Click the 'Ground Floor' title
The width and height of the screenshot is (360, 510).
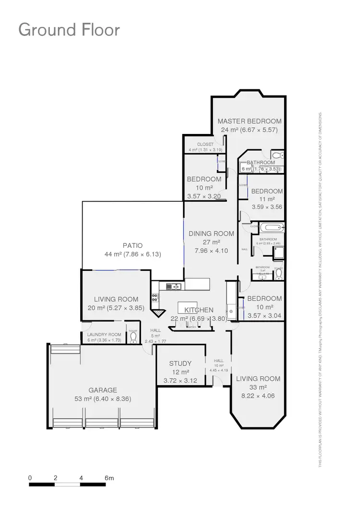tap(69, 30)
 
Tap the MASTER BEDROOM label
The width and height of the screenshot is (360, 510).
tap(249, 121)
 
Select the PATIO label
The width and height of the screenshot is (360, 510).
tap(132, 245)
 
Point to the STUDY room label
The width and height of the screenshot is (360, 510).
tap(180, 364)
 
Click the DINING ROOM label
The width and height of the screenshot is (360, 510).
tap(211, 233)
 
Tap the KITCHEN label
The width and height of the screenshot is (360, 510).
tap(199, 310)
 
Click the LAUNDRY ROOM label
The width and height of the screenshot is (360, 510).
tap(104, 335)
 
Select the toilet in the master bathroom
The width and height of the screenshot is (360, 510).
tap(277, 155)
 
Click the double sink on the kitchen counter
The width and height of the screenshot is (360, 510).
tap(173, 287)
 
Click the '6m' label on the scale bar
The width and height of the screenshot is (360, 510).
tap(109, 478)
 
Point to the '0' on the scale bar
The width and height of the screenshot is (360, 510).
tap(30, 478)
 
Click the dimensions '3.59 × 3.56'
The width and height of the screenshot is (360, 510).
tap(267, 207)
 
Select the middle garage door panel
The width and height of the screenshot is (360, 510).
tap(102, 423)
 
